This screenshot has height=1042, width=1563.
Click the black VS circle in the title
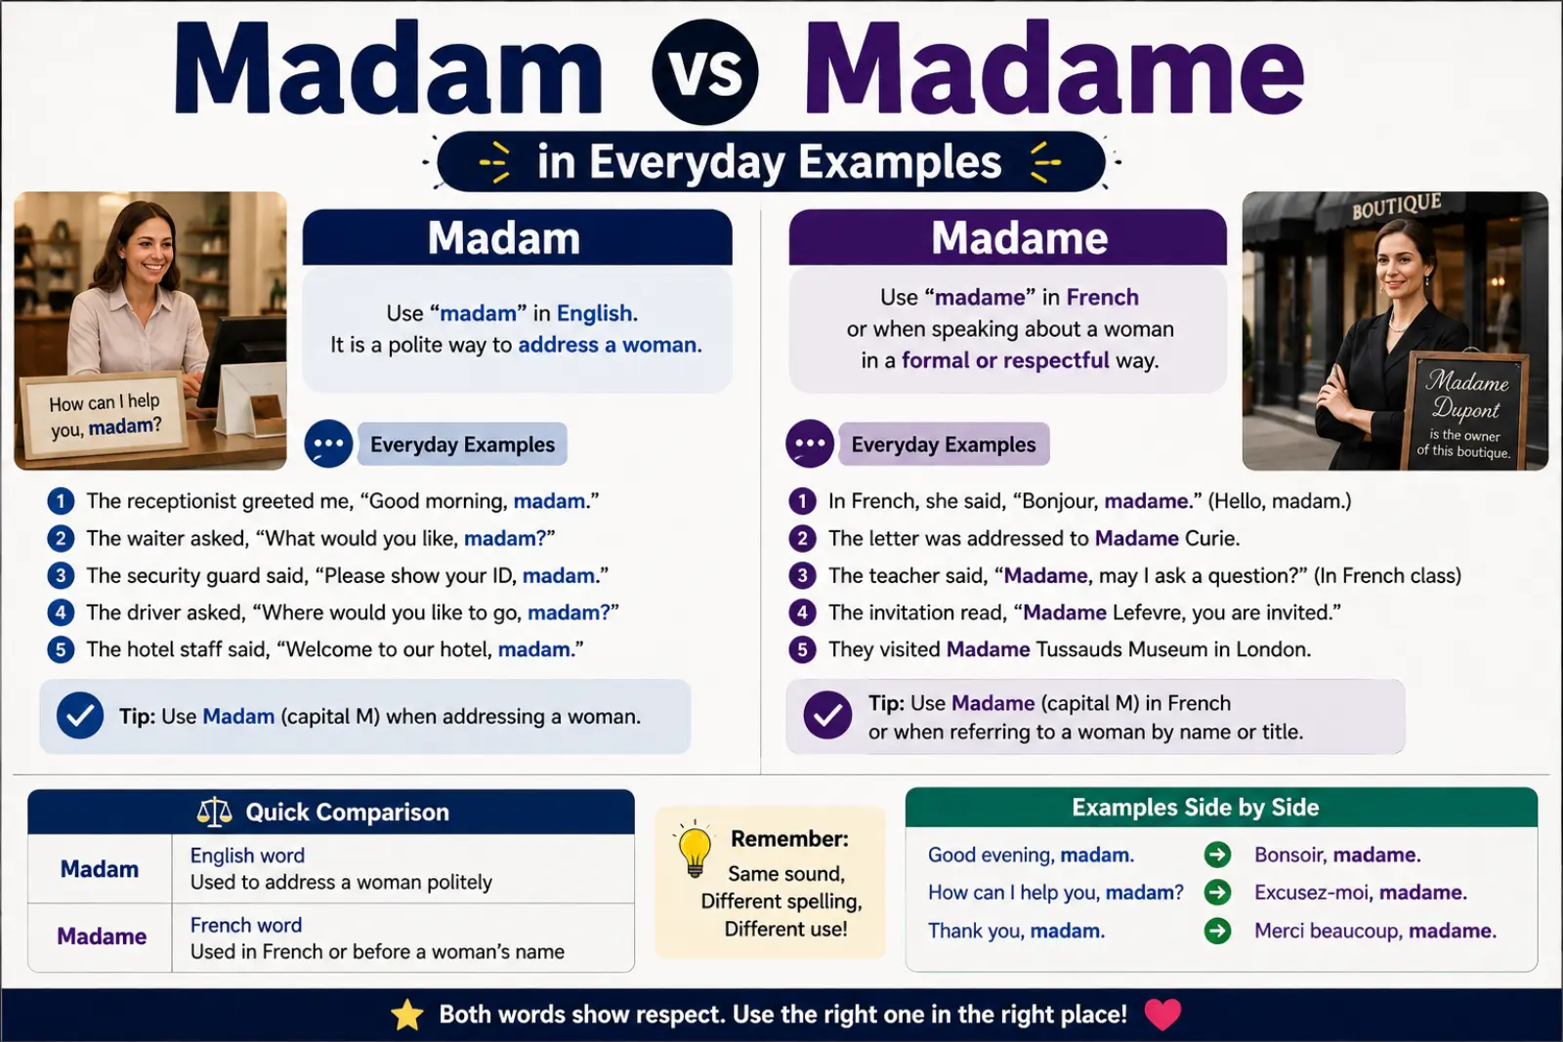point(704,72)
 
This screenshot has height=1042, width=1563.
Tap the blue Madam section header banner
point(517,238)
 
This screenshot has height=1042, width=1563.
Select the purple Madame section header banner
point(1007,238)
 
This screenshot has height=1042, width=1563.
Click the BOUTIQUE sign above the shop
point(1396,206)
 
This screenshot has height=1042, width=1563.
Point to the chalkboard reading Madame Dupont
point(1464,411)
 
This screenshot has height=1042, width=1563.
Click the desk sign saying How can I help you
point(105,414)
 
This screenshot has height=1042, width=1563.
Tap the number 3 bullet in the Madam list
point(61,575)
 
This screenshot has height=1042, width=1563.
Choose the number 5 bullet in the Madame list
point(802,649)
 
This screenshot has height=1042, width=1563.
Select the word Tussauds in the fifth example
point(1078,649)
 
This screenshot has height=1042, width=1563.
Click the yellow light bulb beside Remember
point(695,849)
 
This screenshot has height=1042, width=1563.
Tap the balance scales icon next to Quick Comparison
point(214,812)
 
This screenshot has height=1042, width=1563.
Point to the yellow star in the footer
point(407,1015)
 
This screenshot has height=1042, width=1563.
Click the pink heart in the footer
point(1162,1014)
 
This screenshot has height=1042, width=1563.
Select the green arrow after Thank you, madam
point(1217,931)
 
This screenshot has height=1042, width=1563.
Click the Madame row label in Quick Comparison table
point(102,936)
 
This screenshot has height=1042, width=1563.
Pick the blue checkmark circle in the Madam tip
point(80,716)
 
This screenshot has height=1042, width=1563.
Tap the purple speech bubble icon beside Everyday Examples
point(810,443)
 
